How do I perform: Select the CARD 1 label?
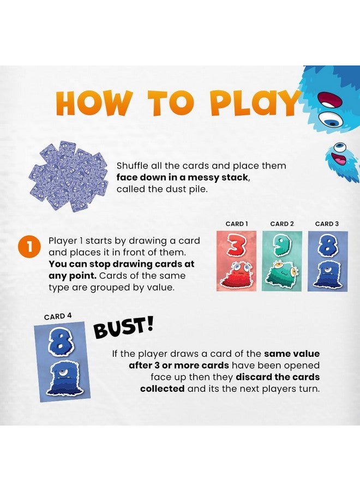pos(237,224)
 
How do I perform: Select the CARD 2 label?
pos(282,224)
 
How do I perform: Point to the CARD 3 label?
pos(327,224)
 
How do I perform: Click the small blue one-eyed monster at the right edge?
pos(344,161)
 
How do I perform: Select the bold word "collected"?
pos(163,388)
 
